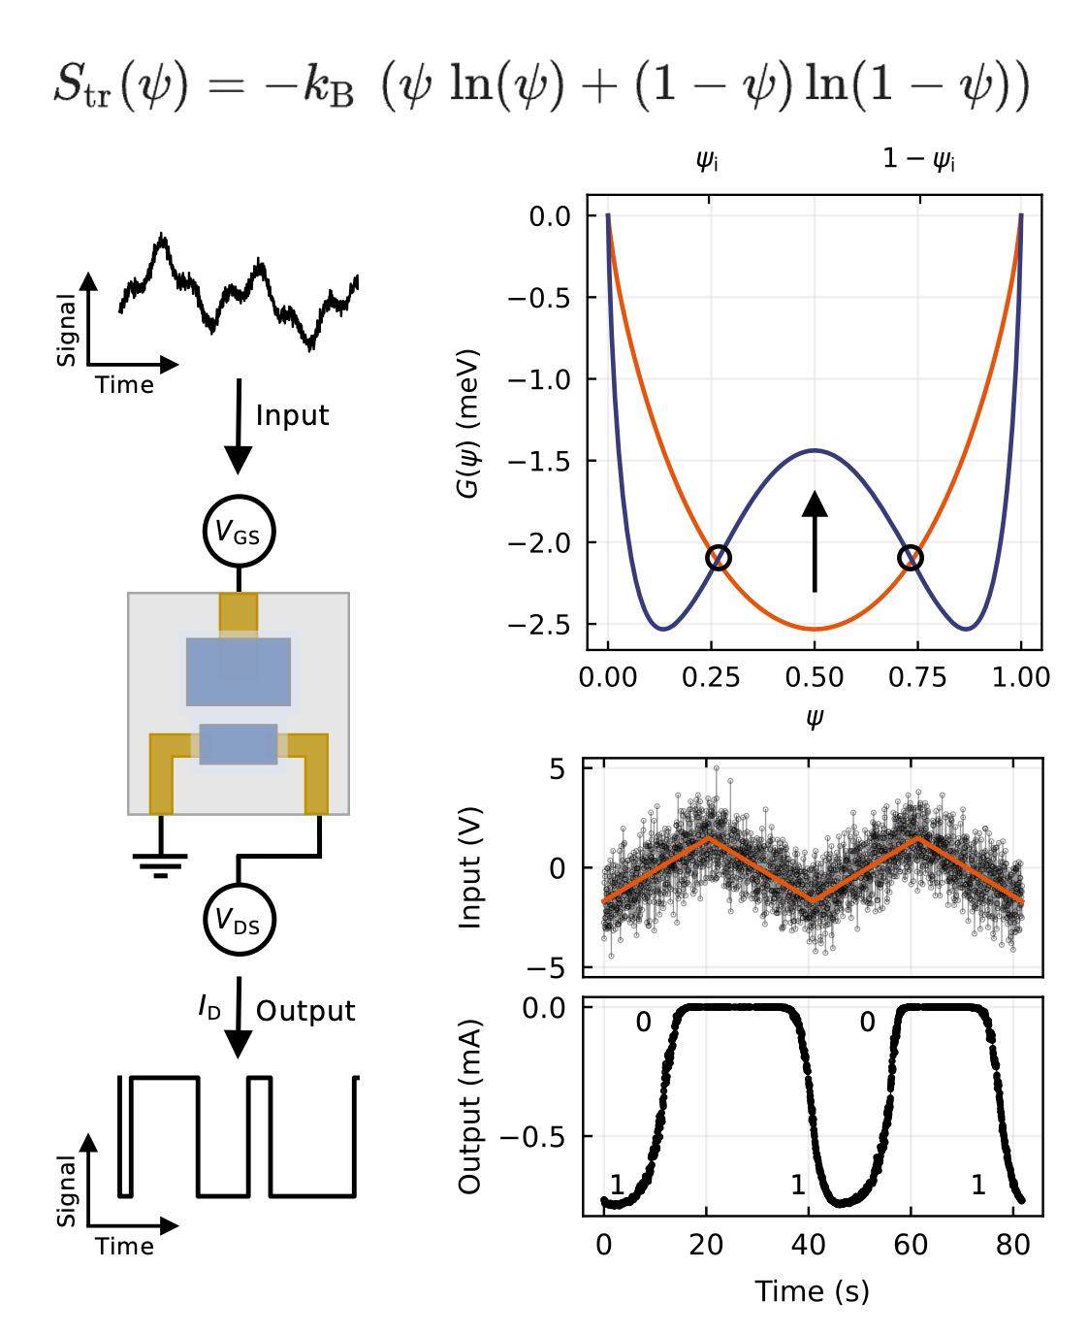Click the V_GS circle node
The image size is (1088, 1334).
pos(239,532)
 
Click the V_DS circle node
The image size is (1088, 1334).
pos(239,920)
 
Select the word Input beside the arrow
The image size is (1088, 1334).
pos(292,415)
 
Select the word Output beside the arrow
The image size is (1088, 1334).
pos(305,1011)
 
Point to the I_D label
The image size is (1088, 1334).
pos(209,1008)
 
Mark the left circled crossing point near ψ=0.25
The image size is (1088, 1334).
pos(718,558)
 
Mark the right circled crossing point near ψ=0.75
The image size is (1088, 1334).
pos(910,558)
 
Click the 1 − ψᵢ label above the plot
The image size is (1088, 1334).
pos(918,160)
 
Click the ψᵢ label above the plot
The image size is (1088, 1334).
pos(707,161)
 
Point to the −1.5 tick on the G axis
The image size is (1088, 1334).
pos(543,461)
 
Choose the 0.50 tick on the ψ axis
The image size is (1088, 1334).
pos(815,677)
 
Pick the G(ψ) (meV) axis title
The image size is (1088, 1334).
pos(468,424)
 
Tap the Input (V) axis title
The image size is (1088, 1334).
pos(470,867)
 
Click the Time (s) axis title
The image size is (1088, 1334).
pos(813,1291)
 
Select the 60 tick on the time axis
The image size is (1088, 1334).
pos(911,1245)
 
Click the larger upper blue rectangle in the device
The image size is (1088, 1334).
pos(239,671)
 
